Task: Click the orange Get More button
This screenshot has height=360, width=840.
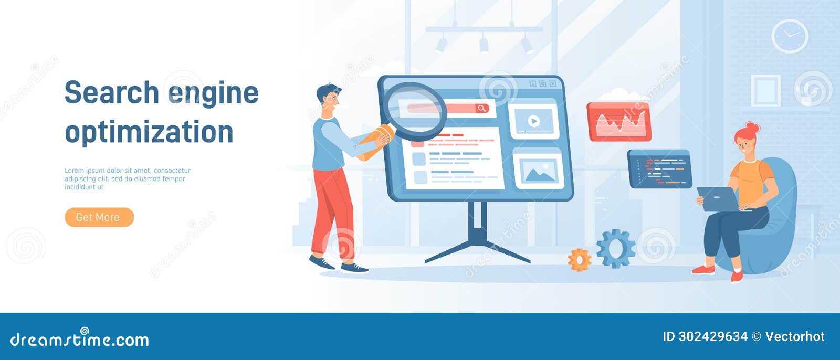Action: click(x=99, y=217)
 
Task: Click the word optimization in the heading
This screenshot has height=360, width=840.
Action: click(x=149, y=132)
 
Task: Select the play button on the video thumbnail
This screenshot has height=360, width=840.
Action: click(x=533, y=121)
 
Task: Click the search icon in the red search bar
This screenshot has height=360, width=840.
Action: click(x=482, y=109)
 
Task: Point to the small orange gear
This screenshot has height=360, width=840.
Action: click(x=580, y=260)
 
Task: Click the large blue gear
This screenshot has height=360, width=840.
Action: click(x=616, y=248)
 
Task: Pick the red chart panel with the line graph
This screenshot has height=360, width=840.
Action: click(x=619, y=122)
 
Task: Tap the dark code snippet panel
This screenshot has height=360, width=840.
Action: click(x=660, y=169)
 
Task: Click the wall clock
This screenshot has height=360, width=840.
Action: click(x=790, y=36)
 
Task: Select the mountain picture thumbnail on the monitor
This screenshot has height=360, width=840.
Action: click(x=539, y=169)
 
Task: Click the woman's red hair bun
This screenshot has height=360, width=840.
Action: click(x=752, y=128)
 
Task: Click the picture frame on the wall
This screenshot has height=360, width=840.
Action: click(x=766, y=90)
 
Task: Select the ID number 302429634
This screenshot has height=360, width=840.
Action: click(x=713, y=336)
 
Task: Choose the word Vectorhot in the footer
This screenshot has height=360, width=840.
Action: click(x=795, y=336)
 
